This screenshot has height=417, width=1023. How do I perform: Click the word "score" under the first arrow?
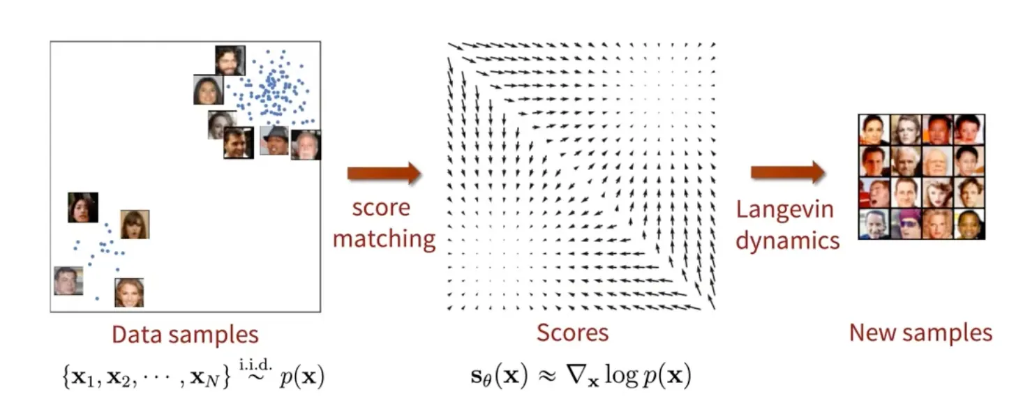(x=381, y=208)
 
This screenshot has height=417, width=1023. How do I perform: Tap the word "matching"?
(x=384, y=239)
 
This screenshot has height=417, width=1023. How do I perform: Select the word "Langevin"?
(x=784, y=211)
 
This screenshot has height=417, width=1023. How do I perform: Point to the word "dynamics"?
(x=787, y=241)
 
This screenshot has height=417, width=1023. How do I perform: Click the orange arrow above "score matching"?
(x=384, y=173)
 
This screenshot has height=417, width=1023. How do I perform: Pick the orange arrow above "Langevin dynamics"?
(x=788, y=172)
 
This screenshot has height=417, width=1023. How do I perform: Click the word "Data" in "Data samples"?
(x=137, y=335)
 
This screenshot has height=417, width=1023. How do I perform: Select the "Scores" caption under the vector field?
(x=572, y=333)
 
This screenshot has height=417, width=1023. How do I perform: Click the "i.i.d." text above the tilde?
(x=255, y=365)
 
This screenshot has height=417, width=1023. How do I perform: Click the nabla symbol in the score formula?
(x=576, y=374)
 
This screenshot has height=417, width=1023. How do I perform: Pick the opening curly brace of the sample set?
(x=67, y=377)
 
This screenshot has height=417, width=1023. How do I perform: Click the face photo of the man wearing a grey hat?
(x=274, y=141)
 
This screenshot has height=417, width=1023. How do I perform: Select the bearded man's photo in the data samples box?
(x=230, y=61)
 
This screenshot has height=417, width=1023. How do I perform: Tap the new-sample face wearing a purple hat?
(x=906, y=224)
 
